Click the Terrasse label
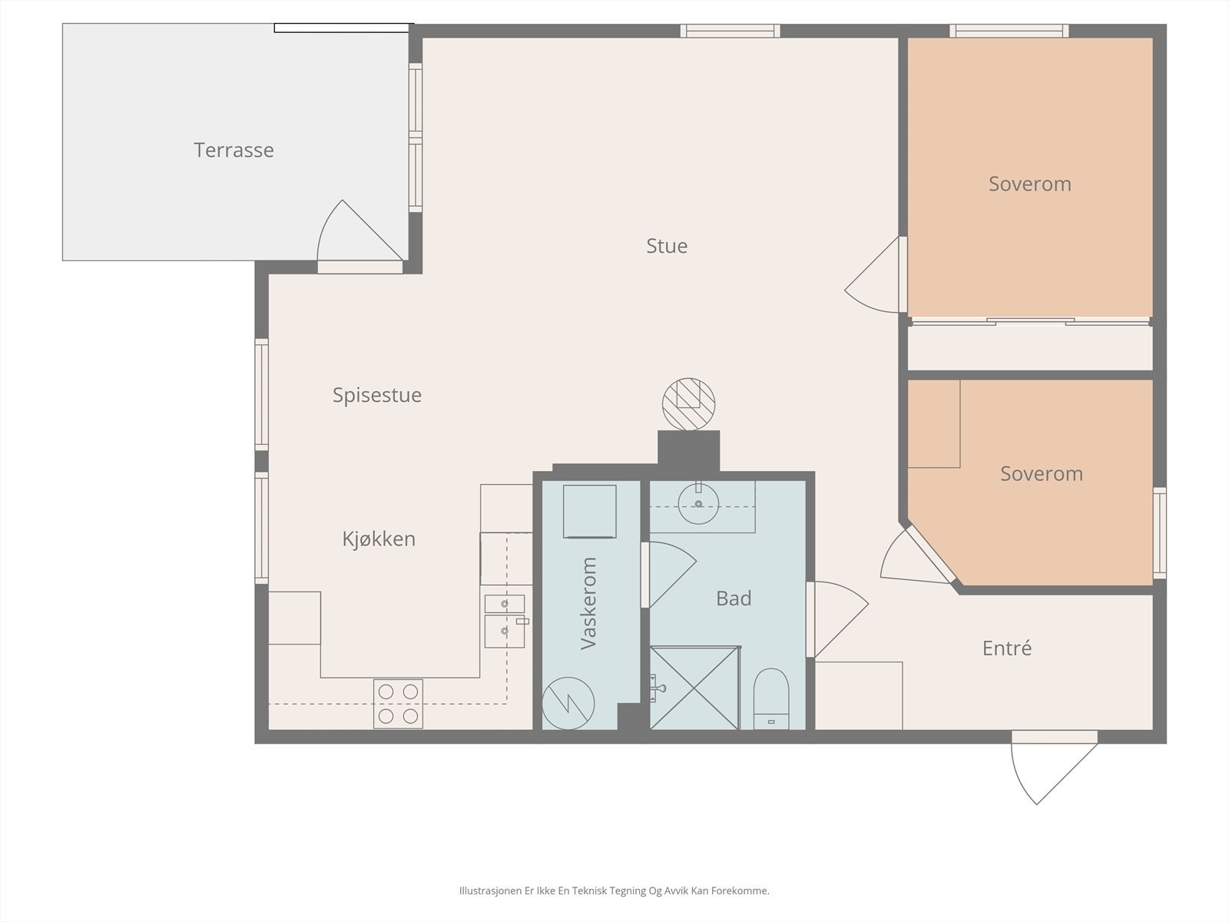tap(234, 150)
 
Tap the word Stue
tap(667, 246)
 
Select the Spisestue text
tap(377, 395)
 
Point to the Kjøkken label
tap(379, 539)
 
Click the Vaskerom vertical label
tap(588, 603)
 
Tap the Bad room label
tap(734, 599)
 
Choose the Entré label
tap(1007, 648)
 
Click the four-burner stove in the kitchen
tap(398, 704)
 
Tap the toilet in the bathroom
tap(771, 699)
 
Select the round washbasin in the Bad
tap(698, 504)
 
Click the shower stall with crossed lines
tap(695, 688)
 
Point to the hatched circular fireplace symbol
tap(689, 404)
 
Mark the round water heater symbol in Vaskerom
tap(568, 704)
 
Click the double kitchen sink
tap(505, 622)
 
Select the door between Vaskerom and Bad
tap(669, 575)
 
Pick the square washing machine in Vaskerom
tap(590, 511)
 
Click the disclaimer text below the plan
tap(614, 890)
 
